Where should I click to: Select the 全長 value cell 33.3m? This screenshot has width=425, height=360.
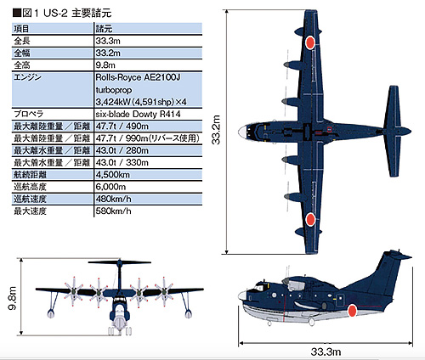click(x=108, y=41)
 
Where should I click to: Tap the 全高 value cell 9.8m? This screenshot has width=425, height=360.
click(x=105, y=65)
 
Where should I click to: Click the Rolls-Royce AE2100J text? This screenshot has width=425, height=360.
click(x=138, y=77)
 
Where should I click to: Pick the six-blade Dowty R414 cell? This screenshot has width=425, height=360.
click(x=138, y=114)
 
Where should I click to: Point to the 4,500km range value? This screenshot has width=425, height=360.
click(x=113, y=175)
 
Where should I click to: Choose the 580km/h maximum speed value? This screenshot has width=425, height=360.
click(x=113, y=211)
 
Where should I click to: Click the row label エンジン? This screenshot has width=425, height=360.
click(x=27, y=77)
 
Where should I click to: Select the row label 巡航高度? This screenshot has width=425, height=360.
click(x=30, y=187)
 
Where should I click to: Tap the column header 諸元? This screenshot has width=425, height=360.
click(x=104, y=29)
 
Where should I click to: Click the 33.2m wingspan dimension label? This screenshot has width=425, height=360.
click(x=216, y=130)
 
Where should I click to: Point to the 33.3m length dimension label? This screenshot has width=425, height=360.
click(x=326, y=352)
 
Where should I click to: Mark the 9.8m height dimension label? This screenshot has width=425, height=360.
click(x=13, y=298)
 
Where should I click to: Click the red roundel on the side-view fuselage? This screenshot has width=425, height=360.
click(x=352, y=311)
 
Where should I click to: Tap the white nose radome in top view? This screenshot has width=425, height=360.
click(x=242, y=132)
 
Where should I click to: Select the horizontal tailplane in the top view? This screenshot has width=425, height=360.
click(x=393, y=131)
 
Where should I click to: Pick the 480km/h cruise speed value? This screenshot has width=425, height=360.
click(x=113, y=199)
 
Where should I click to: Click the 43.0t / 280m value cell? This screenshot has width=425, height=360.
click(x=122, y=150)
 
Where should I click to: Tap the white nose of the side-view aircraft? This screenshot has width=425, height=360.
click(x=242, y=296)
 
